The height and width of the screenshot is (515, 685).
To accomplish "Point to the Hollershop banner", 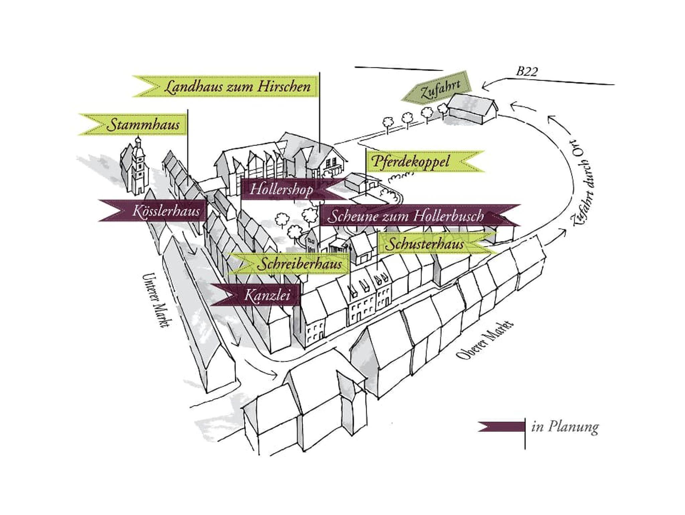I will click(281, 190).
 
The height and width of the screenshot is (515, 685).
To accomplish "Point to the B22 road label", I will click(527, 72).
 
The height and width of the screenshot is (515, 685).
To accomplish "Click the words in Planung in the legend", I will click(565, 428).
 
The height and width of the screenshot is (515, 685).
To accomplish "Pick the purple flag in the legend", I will click(502, 427).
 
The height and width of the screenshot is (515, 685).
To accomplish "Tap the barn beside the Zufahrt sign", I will click(472, 109).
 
